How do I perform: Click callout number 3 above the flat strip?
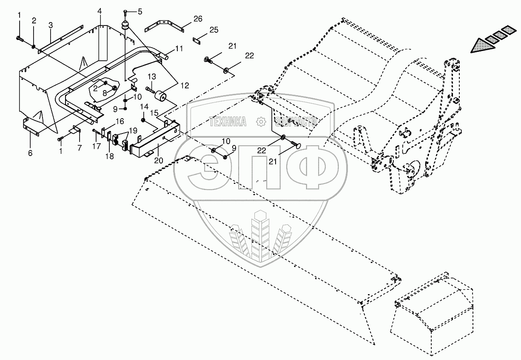(x=50, y=25)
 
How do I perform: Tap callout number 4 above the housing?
(x=100, y=10)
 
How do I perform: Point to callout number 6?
(x=30, y=153)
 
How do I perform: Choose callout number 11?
(x=179, y=48)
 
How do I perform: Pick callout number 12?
(x=185, y=85)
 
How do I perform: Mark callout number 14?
(x=144, y=106)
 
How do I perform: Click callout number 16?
(x=120, y=121)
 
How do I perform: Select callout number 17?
(x=97, y=146)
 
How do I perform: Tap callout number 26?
(x=197, y=18)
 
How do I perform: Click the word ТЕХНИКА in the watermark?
(x=228, y=122)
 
